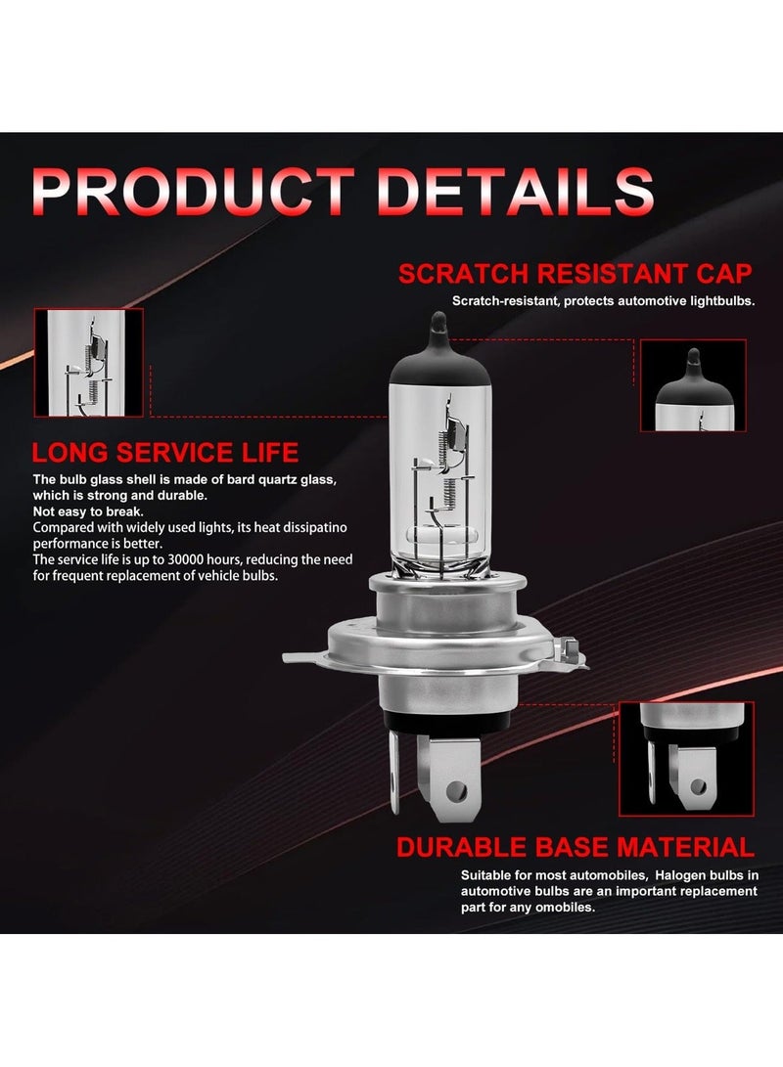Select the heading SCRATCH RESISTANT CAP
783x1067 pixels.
tap(576, 273)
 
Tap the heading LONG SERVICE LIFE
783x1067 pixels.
tap(165, 452)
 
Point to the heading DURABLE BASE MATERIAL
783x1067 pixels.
tap(576, 847)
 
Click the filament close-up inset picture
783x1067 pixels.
tap(88, 362)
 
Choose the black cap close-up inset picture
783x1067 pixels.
tap(693, 385)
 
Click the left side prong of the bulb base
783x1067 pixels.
tap(394, 768)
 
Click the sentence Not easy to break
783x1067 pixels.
tap(88, 511)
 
